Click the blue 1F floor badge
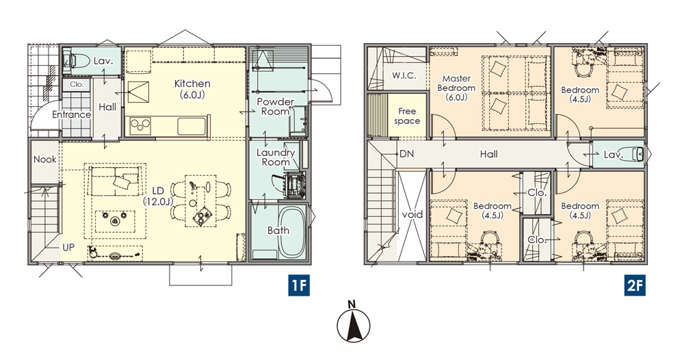299,285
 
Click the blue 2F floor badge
634,285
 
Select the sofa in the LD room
116,180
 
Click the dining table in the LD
200,201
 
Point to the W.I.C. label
404,75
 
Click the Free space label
407,116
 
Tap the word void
412,214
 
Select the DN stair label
406,154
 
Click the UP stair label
68,248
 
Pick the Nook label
45,159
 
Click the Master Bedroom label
456,88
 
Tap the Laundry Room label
275,157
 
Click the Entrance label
72,114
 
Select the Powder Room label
275,107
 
